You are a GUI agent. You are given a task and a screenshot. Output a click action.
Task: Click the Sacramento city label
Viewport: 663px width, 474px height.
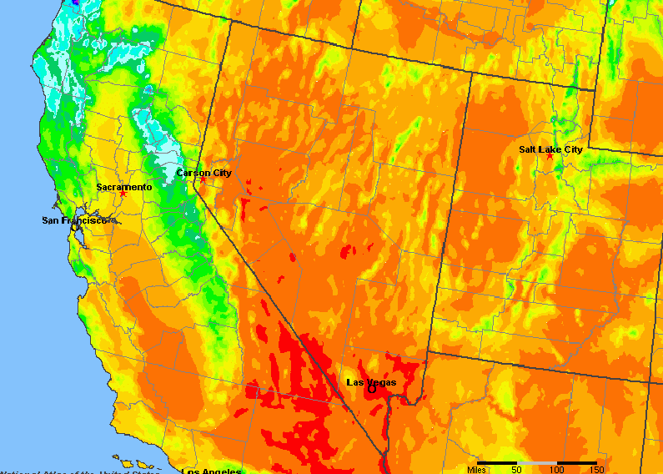[x=124, y=187]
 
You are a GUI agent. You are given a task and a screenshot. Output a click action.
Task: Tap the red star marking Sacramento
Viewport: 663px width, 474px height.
[x=123, y=194]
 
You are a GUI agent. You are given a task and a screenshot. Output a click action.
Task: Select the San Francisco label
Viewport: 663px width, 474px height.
[x=74, y=220]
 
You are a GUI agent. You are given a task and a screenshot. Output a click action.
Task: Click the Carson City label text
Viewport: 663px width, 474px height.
[x=203, y=173]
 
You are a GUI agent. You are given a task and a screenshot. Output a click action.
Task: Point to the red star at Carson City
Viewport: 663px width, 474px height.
[x=203, y=179]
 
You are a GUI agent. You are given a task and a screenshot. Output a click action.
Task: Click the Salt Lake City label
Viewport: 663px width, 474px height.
[x=550, y=149]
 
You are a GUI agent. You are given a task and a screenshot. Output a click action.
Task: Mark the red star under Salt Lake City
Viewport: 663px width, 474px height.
[x=550, y=156]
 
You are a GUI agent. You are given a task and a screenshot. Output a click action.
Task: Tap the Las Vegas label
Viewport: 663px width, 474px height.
[x=371, y=382]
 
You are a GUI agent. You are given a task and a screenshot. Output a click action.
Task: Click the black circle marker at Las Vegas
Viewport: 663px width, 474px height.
[x=372, y=388]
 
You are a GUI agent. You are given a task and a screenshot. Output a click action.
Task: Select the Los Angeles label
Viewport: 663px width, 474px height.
[x=212, y=471]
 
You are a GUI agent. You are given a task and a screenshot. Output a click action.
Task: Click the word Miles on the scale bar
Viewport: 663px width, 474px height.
[x=477, y=470]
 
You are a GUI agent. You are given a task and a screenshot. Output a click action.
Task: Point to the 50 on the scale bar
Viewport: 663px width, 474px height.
[x=517, y=470]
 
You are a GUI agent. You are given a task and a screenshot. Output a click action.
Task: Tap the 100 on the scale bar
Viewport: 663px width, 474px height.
[x=556, y=470]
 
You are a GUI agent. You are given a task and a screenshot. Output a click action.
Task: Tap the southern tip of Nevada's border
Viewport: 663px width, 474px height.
[x=381, y=455]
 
